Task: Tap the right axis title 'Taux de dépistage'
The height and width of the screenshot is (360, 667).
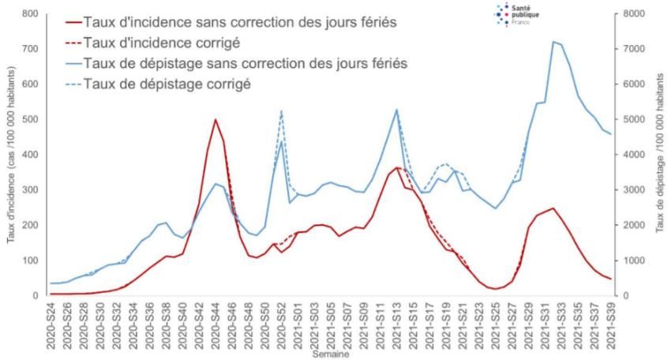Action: pyautogui.click(x=659, y=154)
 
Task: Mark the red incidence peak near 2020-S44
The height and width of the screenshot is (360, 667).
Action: pyautogui.click(x=215, y=119)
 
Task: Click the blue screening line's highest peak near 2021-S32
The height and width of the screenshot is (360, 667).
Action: pyautogui.click(x=553, y=42)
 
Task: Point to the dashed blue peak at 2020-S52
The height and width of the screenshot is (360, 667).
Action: pyautogui.click(x=281, y=111)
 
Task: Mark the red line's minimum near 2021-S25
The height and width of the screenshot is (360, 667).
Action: pyautogui.click(x=495, y=289)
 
